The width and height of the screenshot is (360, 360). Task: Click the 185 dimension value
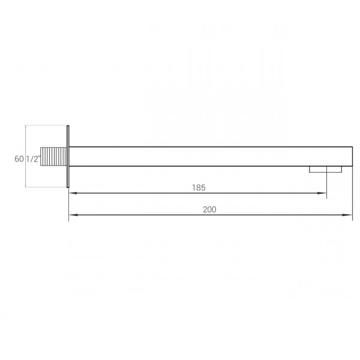point(199,188)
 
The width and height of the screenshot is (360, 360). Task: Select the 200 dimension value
point(209,209)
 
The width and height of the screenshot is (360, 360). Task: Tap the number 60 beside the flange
point(19,160)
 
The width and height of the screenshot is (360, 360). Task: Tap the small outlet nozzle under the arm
point(325,170)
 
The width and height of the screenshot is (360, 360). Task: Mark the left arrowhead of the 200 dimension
point(72,215)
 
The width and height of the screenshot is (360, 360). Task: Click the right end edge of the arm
point(351,156)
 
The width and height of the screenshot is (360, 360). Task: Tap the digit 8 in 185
point(199,188)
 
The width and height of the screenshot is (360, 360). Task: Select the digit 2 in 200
point(205,209)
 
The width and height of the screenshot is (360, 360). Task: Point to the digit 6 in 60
point(16,160)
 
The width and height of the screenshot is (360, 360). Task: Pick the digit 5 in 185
point(203,188)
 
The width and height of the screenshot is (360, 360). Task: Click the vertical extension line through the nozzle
point(326,183)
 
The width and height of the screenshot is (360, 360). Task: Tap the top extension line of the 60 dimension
point(45,125)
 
